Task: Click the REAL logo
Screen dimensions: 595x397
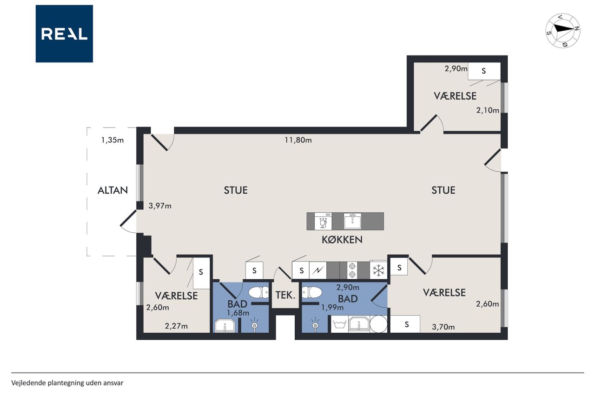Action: click(64, 34)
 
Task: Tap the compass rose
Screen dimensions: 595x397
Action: click(562, 31)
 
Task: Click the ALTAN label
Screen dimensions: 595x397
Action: click(112, 190)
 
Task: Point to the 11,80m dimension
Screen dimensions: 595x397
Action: click(298, 140)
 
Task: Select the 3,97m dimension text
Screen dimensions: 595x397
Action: click(160, 206)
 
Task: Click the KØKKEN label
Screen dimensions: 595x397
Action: click(342, 240)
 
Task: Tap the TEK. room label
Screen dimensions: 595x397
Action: click(285, 295)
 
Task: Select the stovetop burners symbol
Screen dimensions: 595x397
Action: click(352, 270)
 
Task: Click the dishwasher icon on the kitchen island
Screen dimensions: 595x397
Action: click(323, 221)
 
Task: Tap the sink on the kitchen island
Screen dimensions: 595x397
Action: click(352, 221)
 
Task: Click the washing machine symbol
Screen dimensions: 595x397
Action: click(339, 324)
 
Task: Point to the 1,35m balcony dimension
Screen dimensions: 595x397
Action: click(112, 140)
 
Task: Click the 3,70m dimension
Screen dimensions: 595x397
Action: click(443, 327)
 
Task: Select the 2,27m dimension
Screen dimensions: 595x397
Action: click(176, 326)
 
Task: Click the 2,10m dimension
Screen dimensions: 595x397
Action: click(488, 110)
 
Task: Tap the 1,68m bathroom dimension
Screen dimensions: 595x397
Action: click(238, 313)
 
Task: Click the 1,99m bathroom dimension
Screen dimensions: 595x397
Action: click(332, 308)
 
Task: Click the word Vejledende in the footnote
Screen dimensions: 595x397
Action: click(28, 383)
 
